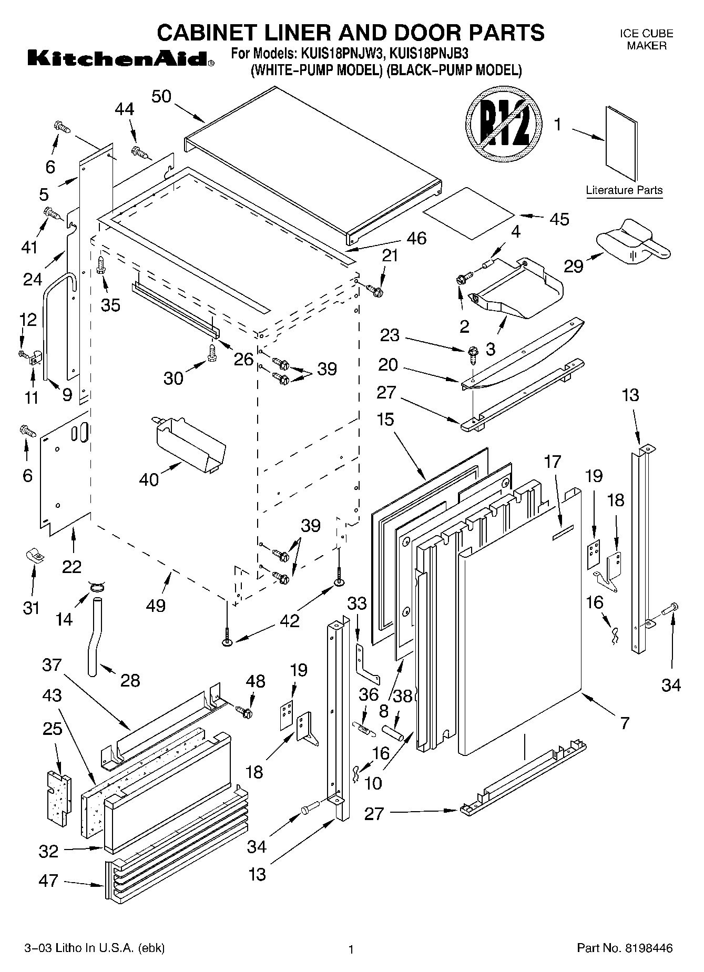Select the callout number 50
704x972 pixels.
click(161, 97)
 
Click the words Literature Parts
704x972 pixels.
click(624, 190)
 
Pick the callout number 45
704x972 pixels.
click(559, 219)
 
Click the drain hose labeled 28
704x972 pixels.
click(95, 636)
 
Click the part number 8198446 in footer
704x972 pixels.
click(648, 948)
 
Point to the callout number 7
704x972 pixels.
click(625, 723)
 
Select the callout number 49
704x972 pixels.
click(156, 605)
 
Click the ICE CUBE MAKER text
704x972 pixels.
click(646, 39)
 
